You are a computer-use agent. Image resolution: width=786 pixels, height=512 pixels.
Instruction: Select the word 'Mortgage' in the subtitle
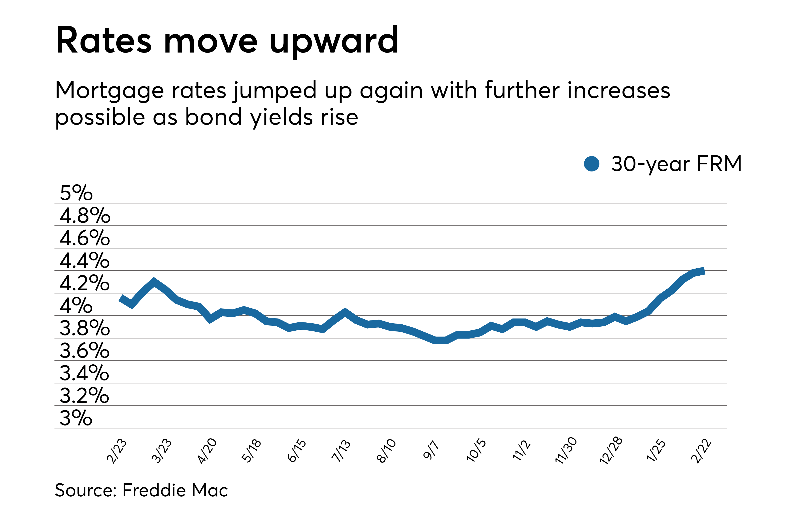109,91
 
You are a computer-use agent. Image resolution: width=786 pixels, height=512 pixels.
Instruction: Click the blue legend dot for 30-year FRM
591,164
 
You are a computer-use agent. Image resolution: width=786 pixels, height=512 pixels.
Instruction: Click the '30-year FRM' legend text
676,164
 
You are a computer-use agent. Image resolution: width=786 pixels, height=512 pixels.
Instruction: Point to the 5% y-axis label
76,193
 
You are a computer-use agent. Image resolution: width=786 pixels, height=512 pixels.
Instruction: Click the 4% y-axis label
76,305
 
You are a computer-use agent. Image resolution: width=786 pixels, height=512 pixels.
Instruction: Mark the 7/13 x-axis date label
341,451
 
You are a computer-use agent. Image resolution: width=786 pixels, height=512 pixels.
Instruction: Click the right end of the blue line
703,271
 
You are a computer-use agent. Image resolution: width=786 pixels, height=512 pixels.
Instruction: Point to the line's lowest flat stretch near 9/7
440,340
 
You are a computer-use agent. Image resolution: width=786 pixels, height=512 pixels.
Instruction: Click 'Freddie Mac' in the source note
175,490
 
